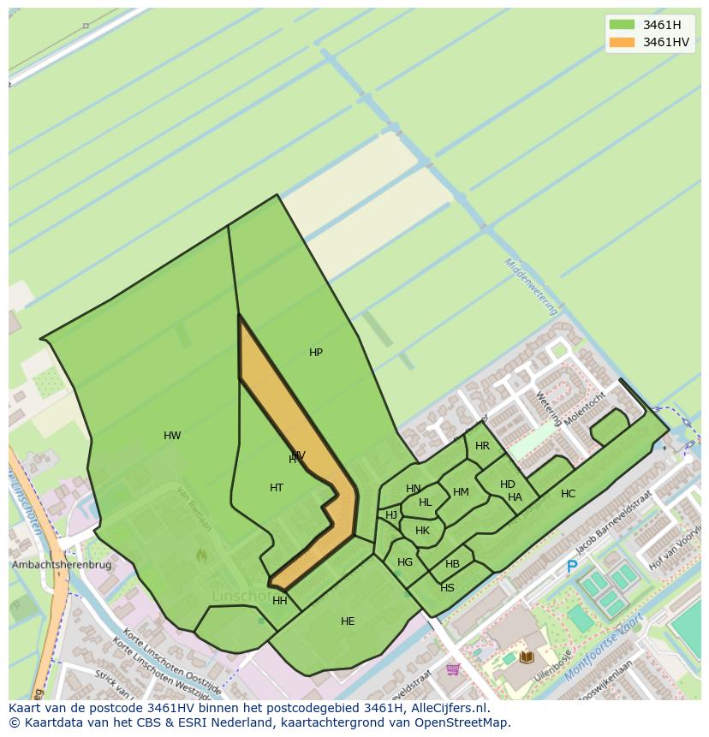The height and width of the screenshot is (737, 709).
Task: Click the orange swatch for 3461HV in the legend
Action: click(x=622, y=42)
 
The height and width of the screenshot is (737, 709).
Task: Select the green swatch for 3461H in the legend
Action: click(x=622, y=25)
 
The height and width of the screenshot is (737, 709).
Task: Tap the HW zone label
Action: click(x=172, y=436)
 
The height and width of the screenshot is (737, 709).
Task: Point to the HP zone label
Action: click(x=316, y=353)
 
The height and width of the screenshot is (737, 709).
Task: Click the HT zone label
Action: click(x=277, y=488)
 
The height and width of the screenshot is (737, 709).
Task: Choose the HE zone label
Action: click(x=348, y=621)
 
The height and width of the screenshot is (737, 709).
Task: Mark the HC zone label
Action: click(x=569, y=494)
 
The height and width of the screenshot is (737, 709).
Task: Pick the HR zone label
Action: click(x=482, y=446)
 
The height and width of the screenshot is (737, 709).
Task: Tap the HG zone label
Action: click(x=405, y=562)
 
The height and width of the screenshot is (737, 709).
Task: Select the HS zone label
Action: click(x=447, y=588)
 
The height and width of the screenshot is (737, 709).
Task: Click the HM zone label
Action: click(x=461, y=492)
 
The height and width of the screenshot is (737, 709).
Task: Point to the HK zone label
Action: click(x=422, y=531)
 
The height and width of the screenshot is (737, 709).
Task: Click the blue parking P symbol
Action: click(x=572, y=567)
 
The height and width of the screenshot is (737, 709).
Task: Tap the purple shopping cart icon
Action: click(x=453, y=669)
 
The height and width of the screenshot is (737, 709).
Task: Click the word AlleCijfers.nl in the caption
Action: click(x=445, y=708)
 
